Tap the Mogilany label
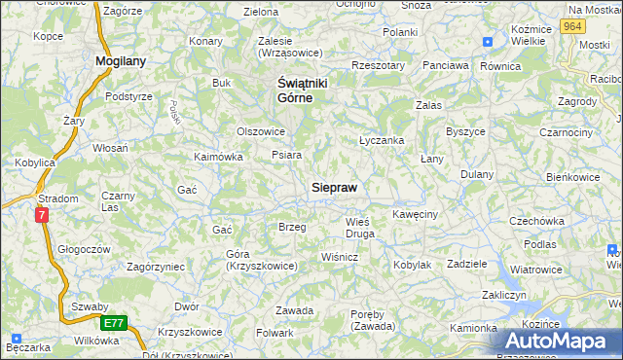(x=121, y=60)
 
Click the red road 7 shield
(x=42, y=215)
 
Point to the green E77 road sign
(x=113, y=322)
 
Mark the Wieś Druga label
(x=360, y=228)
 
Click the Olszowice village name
(x=261, y=131)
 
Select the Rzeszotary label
(x=379, y=65)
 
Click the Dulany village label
(x=477, y=174)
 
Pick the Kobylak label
(x=412, y=265)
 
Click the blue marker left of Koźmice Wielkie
(x=488, y=42)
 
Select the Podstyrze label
(x=128, y=96)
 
